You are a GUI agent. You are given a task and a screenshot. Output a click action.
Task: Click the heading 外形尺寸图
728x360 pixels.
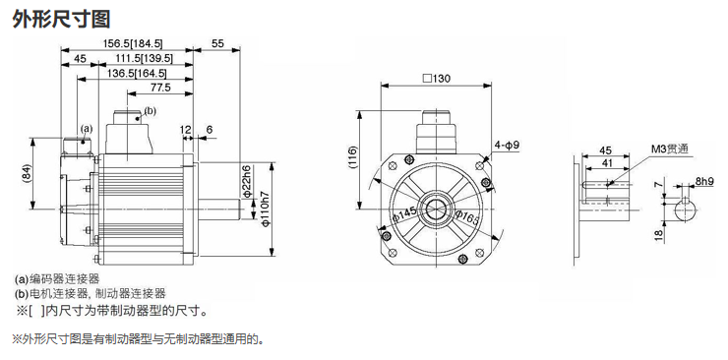61,19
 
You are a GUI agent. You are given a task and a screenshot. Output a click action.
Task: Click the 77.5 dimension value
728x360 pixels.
160,88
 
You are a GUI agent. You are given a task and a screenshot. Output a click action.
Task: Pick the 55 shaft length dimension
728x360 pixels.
217,43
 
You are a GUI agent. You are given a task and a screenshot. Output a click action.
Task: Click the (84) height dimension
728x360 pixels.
26,173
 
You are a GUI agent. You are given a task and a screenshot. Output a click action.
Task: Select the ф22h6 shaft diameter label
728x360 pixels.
247,181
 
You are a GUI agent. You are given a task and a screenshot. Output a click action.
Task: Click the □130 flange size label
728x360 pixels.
437,79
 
